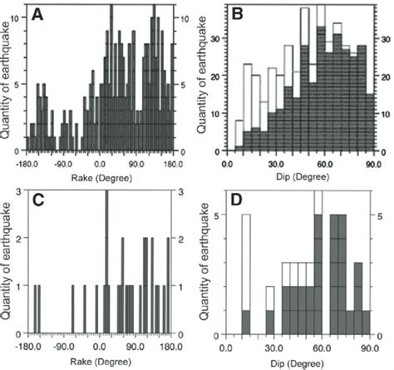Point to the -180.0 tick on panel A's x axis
(x=29, y=164)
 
